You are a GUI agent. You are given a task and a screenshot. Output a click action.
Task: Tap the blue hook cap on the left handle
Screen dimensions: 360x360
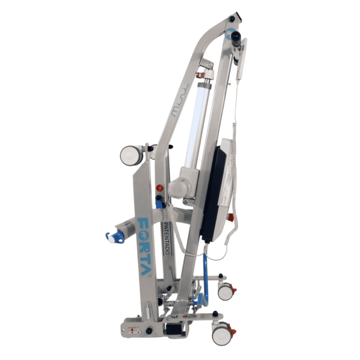click(111, 237)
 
